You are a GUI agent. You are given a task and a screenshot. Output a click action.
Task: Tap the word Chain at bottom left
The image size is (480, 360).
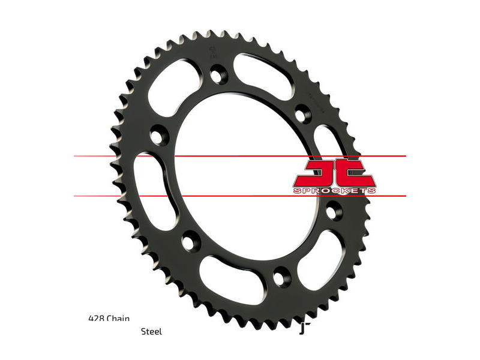[x=118, y=319]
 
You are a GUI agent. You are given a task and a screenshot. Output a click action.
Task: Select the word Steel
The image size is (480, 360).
[x=151, y=331]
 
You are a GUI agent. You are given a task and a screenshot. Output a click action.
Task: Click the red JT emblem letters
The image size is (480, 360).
[x=335, y=172]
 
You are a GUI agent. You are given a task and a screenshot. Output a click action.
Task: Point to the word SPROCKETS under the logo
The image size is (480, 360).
[x=335, y=190]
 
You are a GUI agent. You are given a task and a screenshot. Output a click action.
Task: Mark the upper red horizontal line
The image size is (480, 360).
[x=240, y=157]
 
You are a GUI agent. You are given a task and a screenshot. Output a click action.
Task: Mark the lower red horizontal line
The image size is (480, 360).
[x=240, y=196]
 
